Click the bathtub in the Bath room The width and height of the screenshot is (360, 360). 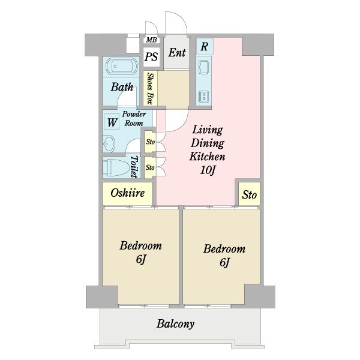tap(121, 67)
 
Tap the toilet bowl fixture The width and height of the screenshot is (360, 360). tap(116, 167)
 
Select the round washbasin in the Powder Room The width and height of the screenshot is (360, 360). tap(109, 144)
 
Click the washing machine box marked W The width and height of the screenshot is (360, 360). tap(112, 122)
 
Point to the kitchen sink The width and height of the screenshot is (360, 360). tap(203, 67)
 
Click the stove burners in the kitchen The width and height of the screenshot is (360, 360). tap(203, 96)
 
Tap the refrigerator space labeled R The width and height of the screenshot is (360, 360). tap(205, 46)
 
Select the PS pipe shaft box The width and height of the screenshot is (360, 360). tap(151, 56)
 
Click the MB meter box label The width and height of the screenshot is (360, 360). tap(152, 40)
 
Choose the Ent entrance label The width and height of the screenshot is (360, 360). tap(176, 53)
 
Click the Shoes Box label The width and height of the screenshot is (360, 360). tap(151, 88)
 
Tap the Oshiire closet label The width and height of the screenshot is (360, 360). tap(128, 193)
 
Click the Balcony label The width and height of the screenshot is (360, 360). tap(176, 324)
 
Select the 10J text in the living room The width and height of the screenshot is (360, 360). tap(208, 170)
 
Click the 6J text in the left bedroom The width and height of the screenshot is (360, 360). tap(141, 259)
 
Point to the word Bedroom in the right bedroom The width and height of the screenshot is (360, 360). tap(224, 249)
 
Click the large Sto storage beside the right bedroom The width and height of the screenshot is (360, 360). tap(249, 194)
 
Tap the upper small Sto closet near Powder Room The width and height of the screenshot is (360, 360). tap(150, 142)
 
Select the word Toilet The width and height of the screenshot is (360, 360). tap(134, 167)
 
